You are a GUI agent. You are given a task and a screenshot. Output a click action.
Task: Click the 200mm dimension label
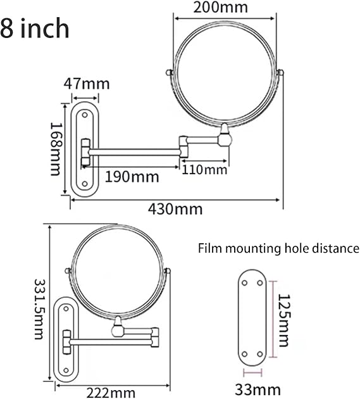[220, 8]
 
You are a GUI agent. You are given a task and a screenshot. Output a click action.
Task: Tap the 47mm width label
[87, 84]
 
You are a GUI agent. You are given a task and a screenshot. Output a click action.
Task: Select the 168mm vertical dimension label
[56, 149]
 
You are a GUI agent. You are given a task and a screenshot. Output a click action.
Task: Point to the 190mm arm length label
[132, 177]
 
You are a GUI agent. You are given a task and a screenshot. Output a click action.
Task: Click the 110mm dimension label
[204, 170]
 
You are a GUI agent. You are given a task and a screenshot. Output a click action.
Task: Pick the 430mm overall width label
[175, 210]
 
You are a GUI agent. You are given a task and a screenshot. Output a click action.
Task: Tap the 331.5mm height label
[39, 309]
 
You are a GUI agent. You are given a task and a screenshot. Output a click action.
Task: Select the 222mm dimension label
[111, 393]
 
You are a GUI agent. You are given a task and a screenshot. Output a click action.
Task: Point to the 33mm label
[258, 389]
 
